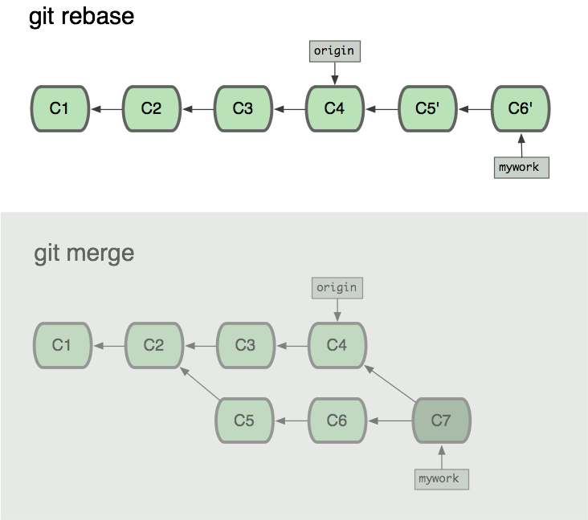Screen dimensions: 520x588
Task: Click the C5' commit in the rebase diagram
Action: [x=427, y=108]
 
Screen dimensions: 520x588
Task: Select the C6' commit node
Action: [x=521, y=108]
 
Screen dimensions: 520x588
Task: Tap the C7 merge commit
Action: [x=441, y=420]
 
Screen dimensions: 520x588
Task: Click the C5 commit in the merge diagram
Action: [x=244, y=420]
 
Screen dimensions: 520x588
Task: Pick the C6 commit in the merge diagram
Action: [x=337, y=420]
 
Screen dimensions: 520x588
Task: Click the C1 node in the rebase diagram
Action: [x=59, y=108]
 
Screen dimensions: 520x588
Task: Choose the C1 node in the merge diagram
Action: [x=62, y=345]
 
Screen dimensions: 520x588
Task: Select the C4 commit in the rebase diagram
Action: [x=334, y=108]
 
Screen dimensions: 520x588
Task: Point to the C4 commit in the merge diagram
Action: [x=337, y=345]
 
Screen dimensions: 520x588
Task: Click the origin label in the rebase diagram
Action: [x=334, y=51]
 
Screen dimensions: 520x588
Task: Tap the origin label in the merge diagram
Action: [x=337, y=287]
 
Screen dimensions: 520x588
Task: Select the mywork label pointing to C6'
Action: [x=521, y=167]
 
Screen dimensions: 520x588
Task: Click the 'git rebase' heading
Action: [x=81, y=17]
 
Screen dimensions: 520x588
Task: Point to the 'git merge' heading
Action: [x=84, y=254]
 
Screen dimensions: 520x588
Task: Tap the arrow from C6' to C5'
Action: [x=474, y=108]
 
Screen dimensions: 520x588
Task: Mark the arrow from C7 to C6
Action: [x=390, y=420]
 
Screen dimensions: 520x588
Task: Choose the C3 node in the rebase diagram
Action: [x=243, y=108]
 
